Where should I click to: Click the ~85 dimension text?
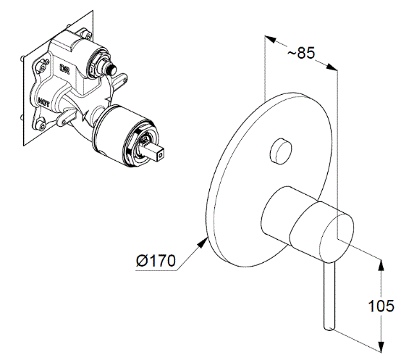[301, 53]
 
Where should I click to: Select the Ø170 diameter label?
[156, 261]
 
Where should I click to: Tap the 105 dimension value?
[381, 306]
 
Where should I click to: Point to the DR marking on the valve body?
[64, 69]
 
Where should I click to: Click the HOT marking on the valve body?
[43, 102]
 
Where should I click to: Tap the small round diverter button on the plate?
[281, 151]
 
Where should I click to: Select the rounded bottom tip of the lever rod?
[329, 327]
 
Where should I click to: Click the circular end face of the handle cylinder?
[337, 238]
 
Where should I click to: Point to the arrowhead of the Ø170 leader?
[203, 242]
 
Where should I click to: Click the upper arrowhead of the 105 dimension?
[381, 265]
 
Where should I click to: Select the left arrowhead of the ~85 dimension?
[271, 40]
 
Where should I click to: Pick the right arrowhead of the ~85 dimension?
[332, 67]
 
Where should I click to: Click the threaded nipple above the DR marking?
[111, 69]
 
